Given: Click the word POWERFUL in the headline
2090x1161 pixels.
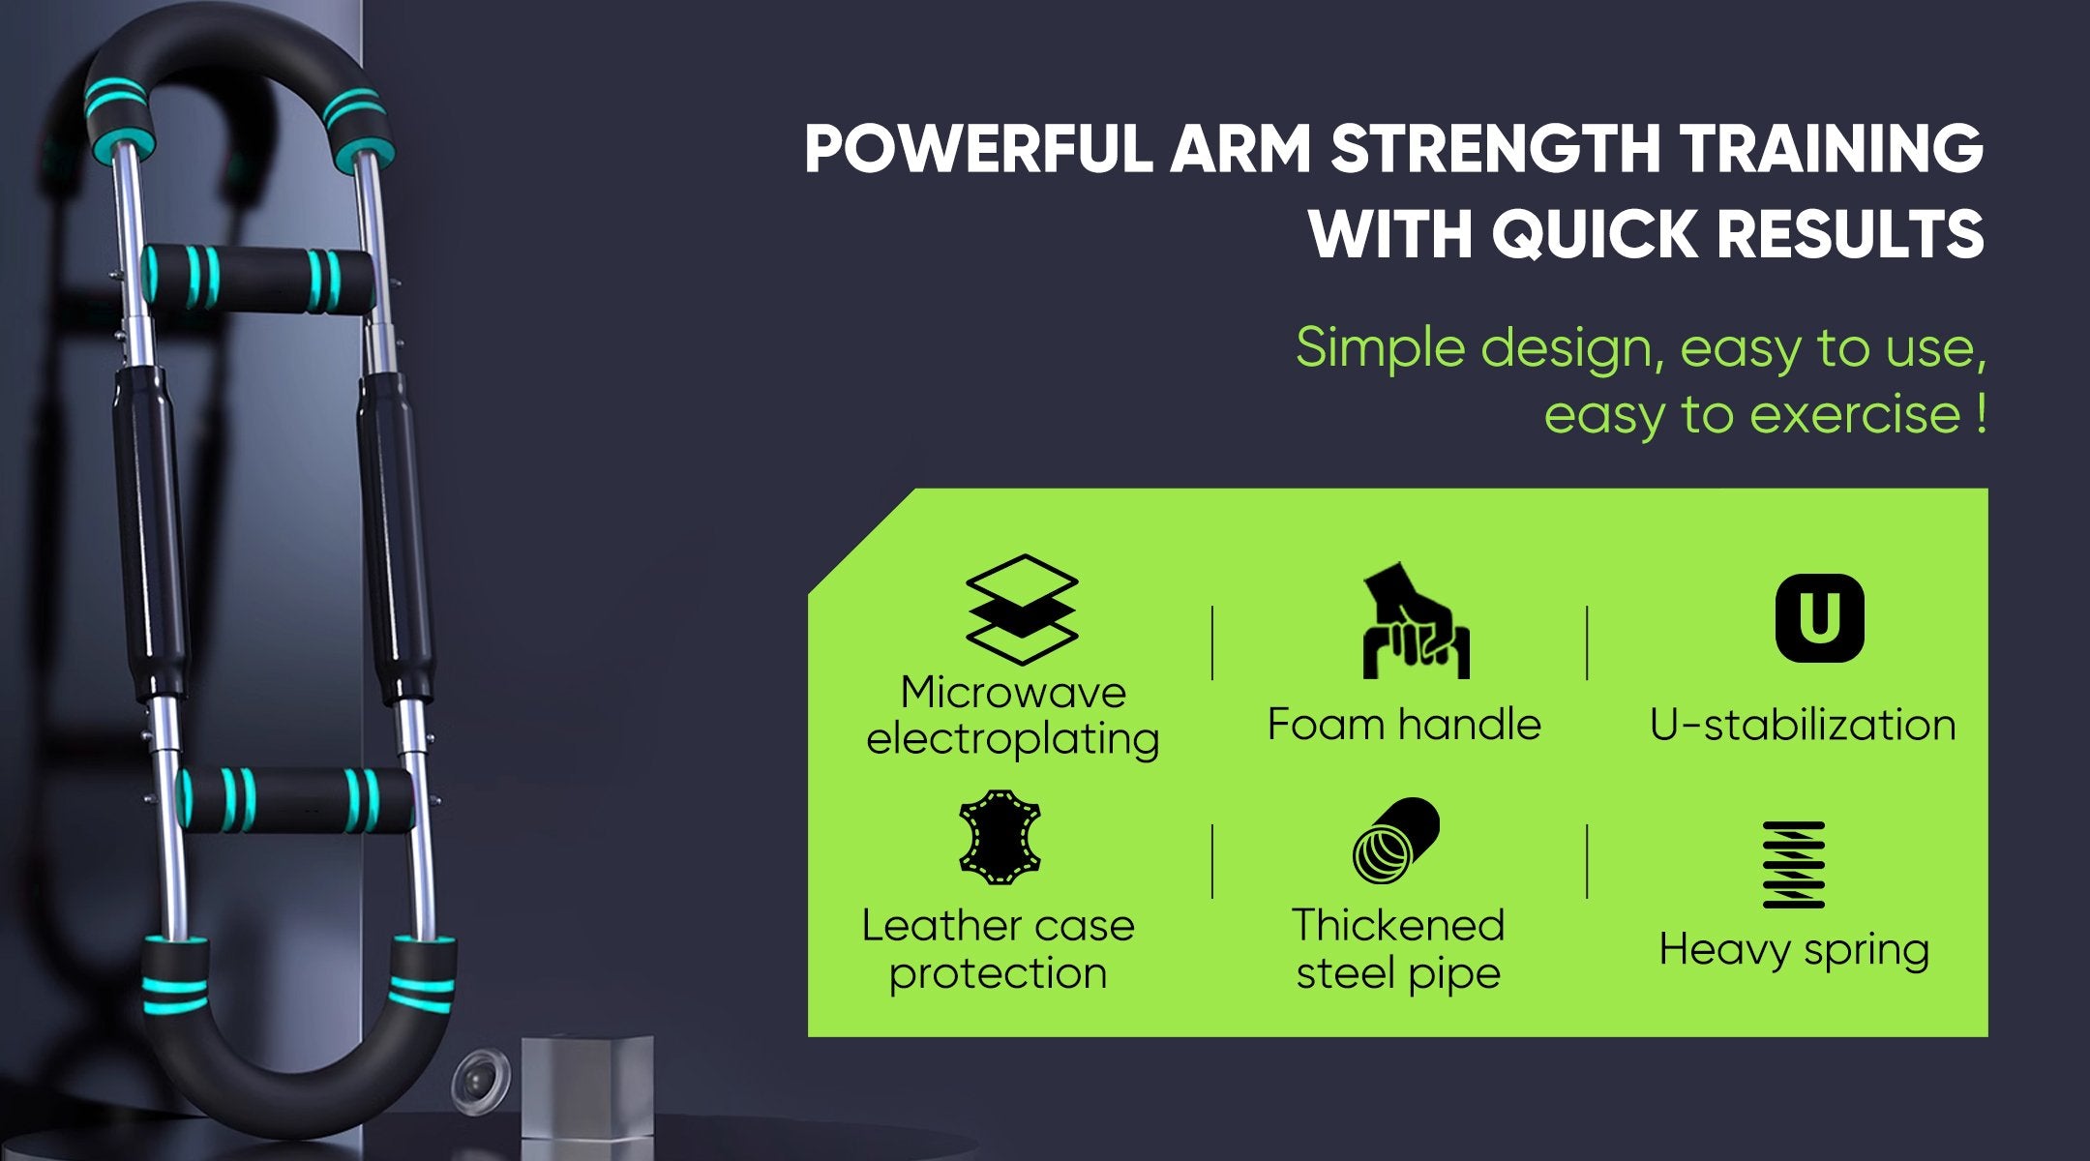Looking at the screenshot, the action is (x=978, y=149).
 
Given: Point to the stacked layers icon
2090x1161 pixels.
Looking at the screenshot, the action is (x=1022, y=610).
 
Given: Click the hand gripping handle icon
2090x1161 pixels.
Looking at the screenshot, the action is (x=1416, y=621).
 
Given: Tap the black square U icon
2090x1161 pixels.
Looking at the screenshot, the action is (x=1819, y=618).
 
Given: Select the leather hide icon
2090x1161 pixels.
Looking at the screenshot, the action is (x=1000, y=838).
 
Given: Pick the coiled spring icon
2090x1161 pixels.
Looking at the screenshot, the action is (x=1793, y=865).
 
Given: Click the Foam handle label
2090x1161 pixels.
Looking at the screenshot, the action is (x=1404, y=725).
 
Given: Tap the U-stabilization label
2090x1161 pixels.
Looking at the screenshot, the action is (x=1803, y=725).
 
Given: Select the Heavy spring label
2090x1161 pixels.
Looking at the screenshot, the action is (x=1794, y=950).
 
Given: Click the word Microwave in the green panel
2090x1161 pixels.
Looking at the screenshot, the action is (x=1013, y=693).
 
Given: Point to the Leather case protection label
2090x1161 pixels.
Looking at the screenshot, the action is (x=999, y=949).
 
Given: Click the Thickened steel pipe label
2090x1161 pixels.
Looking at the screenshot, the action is (x=1398, y=949).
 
